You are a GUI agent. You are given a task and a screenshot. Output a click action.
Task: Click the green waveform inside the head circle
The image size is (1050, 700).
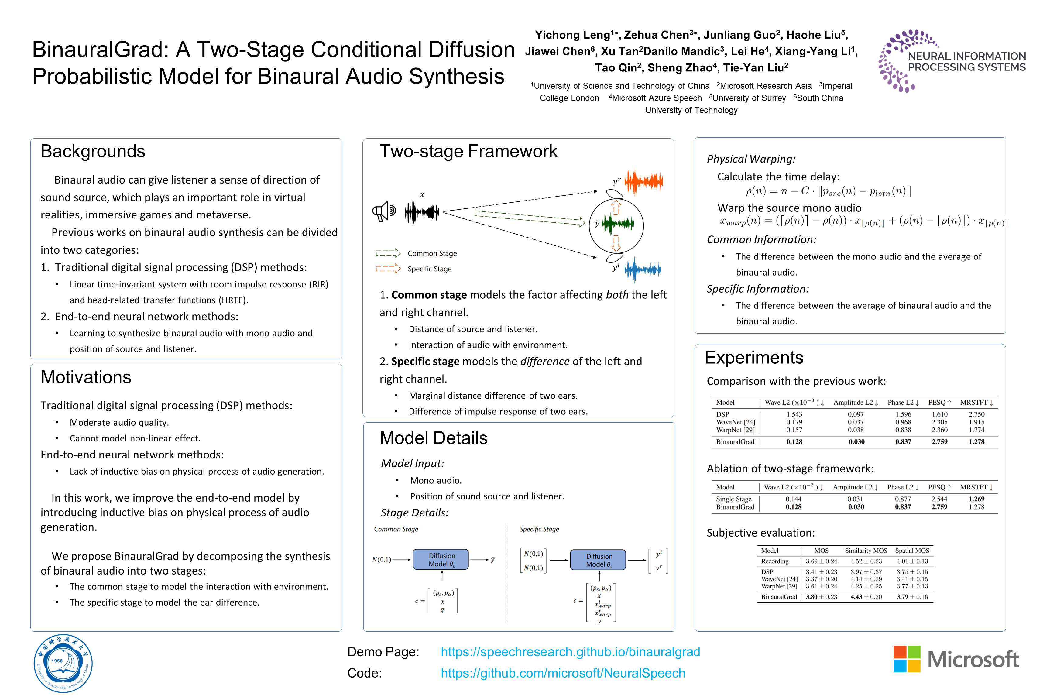[618, 224]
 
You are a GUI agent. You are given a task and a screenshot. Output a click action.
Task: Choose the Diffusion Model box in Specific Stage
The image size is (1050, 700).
[598, 560]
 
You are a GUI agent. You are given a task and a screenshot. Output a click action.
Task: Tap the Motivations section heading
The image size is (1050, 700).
[86, 377]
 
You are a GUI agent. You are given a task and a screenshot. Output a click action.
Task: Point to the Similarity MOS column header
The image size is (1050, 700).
[866, 551]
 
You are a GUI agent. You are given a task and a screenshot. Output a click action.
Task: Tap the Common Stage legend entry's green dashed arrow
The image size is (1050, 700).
[387, 253]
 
